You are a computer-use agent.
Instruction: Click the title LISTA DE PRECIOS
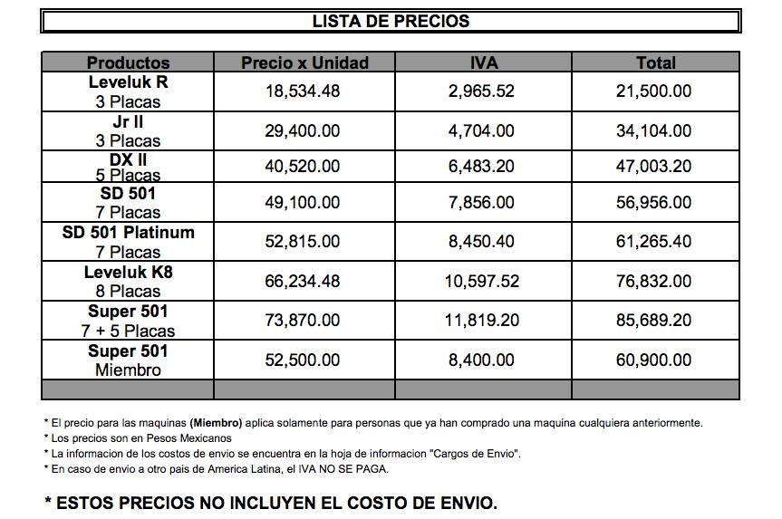tap(391, 21)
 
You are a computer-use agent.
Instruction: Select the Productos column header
tap(128, 62)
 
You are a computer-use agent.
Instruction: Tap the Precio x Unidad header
tap(304, 62)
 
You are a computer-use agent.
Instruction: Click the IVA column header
tap(484, 62)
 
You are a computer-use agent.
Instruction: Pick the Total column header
tap(655, 62)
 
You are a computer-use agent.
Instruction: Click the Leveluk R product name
tap(128, 82)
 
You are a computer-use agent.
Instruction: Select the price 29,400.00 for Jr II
tap(303, 131)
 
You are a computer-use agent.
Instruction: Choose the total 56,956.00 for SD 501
tap(653, 202)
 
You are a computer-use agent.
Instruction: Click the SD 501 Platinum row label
tap(128, 232)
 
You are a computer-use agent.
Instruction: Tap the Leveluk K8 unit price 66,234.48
tap(303, 282)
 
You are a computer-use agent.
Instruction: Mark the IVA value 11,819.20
tap(482, 321)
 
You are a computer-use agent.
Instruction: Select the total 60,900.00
tap(653, 360)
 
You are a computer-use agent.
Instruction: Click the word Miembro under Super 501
tap(128, 370)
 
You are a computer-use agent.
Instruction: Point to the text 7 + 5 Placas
tap(128, 332)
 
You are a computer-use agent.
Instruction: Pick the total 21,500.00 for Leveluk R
tap(653, 91)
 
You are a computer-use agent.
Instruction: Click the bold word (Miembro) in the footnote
tap(216, 423)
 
